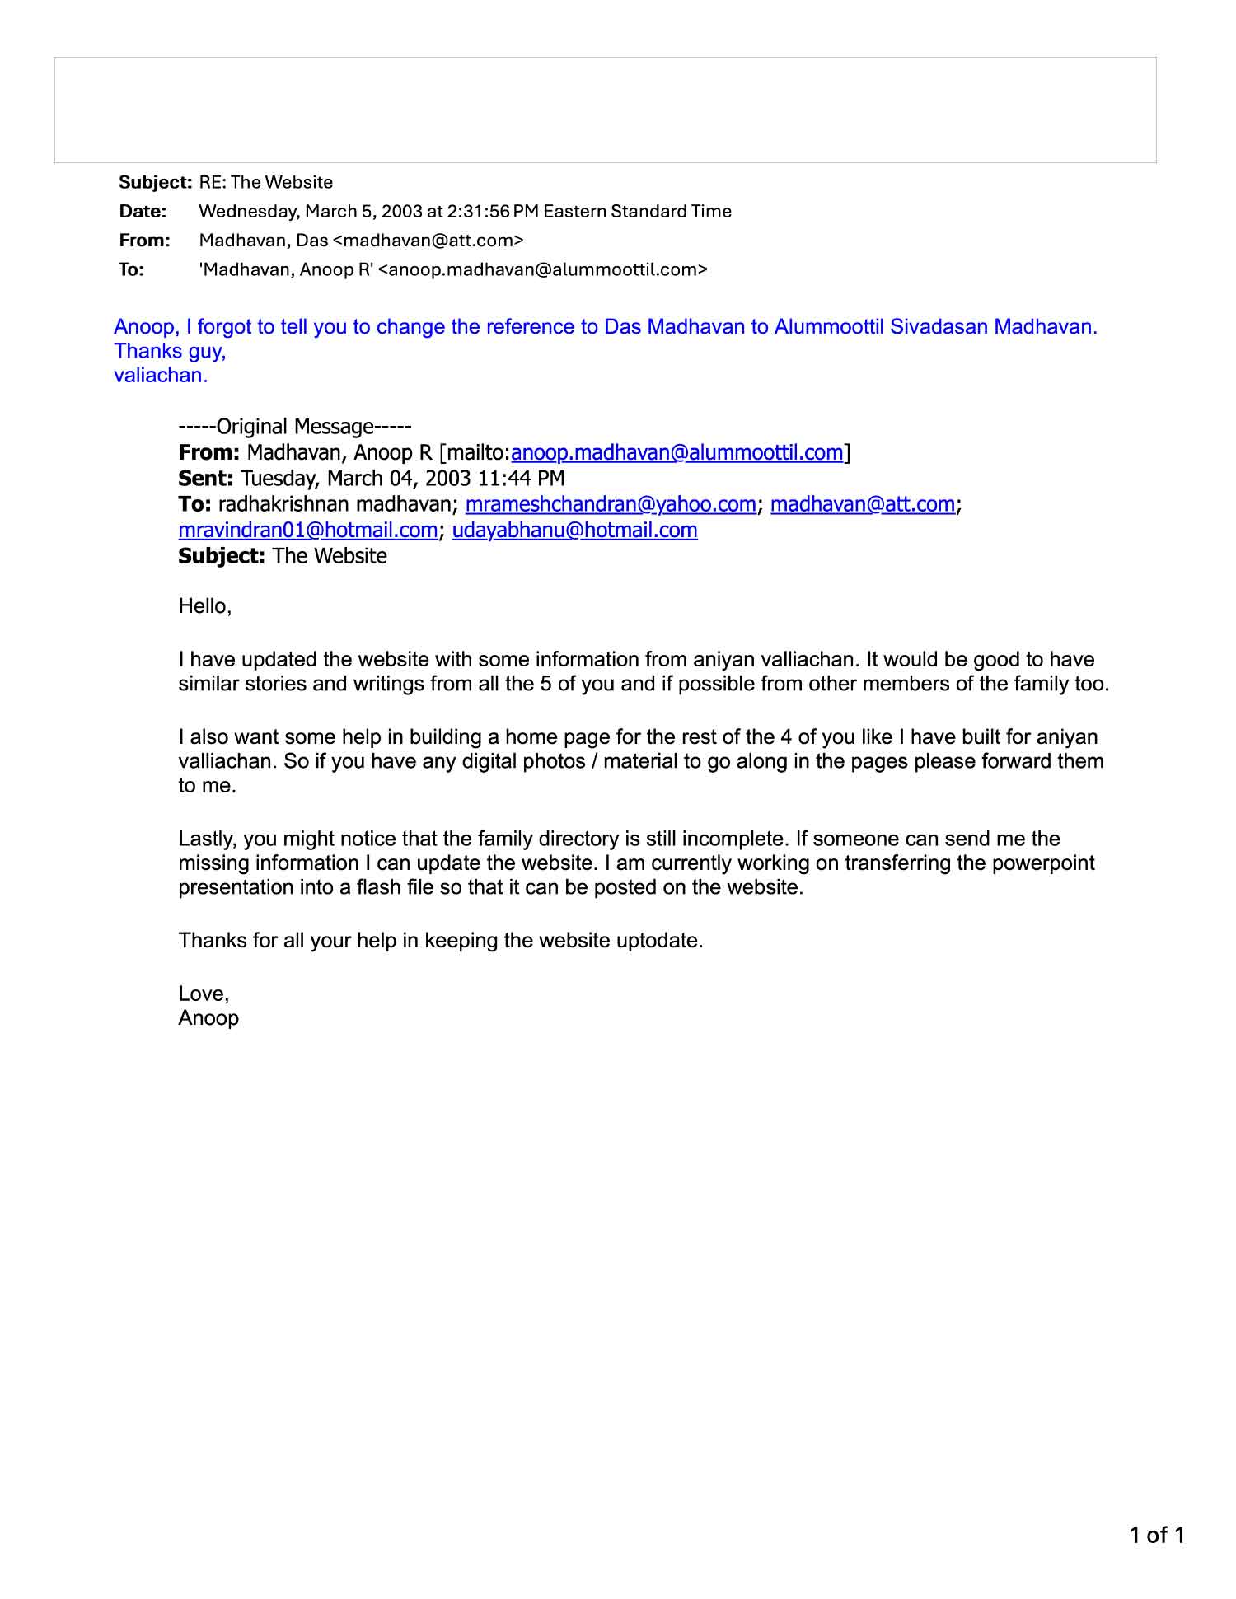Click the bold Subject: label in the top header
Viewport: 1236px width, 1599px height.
point(155,182)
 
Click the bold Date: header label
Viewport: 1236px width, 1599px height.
point(143,211)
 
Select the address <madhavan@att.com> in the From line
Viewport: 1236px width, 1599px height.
point(428,241)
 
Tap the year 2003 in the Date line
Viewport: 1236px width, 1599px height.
point(402,211)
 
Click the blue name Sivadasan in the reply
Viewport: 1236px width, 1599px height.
point(939,327)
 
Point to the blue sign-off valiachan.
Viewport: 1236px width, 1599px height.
point(161,376)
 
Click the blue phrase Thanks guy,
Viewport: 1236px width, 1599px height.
point(170,352)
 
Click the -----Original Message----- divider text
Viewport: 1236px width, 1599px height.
point(294,427)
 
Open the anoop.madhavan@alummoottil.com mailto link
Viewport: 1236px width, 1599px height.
point(677,453)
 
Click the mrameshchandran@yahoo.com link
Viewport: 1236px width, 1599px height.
point(610,504)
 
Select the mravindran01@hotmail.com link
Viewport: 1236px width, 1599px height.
point(307,530)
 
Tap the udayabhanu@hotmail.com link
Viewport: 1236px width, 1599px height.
point(574,530)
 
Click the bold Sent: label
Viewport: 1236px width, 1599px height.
point(206,479)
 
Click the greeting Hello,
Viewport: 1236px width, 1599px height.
point(205,607)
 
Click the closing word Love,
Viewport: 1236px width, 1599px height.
point(204,994)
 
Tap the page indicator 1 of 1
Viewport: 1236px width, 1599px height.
point(1156,1535)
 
